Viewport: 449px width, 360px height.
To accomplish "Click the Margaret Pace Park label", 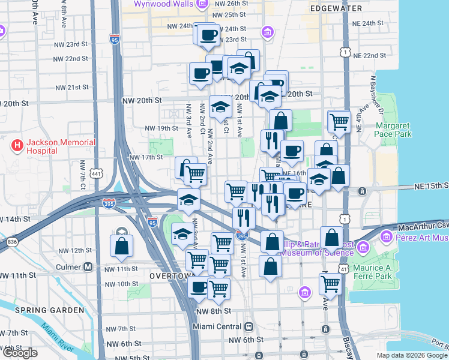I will point(393,130).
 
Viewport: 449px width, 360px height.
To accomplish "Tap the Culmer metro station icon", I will point(88,266).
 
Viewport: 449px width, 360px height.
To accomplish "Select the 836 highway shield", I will point(12,242).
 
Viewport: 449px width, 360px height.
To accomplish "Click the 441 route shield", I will point(97,173).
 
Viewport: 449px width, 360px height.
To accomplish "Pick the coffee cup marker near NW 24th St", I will point(208,35).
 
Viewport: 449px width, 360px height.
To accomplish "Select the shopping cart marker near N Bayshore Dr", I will point(339,122).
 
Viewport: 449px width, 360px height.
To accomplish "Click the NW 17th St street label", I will point(146,158).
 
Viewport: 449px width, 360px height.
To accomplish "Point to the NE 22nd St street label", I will point(369,55).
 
